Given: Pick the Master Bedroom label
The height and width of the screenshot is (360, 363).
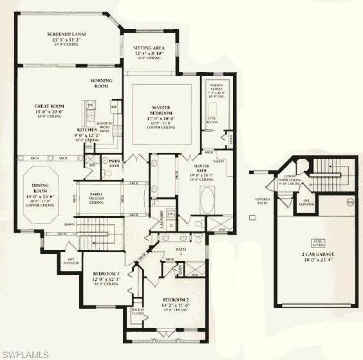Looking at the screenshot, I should (161, 111).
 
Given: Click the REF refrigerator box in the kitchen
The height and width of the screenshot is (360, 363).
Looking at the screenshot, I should (114, 107).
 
